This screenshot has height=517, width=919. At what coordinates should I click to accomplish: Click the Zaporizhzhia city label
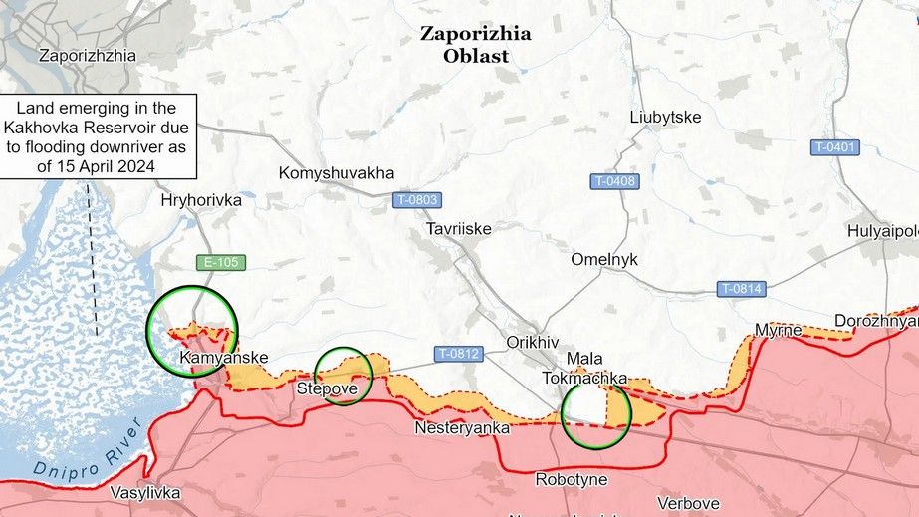coord(88,56)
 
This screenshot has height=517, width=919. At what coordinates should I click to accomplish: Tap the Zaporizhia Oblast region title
coord(475,45)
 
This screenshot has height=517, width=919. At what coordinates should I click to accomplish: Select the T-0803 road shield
coord(415,199)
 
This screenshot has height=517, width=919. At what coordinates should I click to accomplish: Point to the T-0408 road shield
coord(614,181)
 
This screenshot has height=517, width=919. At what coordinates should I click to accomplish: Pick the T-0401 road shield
coord(834,147)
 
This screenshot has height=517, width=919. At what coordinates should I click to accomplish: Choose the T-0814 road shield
coord(741,289)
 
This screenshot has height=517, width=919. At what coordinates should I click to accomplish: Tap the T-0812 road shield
coord(458,353)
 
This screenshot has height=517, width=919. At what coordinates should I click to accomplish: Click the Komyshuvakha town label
coord(337,171)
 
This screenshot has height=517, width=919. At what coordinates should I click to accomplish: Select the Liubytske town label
coord(665,117)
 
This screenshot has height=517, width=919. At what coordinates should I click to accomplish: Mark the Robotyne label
coord(571,479)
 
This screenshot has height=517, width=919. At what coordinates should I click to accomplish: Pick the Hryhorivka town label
coord(201,200)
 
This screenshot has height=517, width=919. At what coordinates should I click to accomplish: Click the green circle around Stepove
coord(344,376)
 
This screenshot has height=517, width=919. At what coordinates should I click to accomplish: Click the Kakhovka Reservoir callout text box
coord(96,136)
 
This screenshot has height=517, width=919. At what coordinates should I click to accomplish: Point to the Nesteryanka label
coord(462,428)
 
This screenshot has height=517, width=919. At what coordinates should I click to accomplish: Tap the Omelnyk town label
coord(604,259)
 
